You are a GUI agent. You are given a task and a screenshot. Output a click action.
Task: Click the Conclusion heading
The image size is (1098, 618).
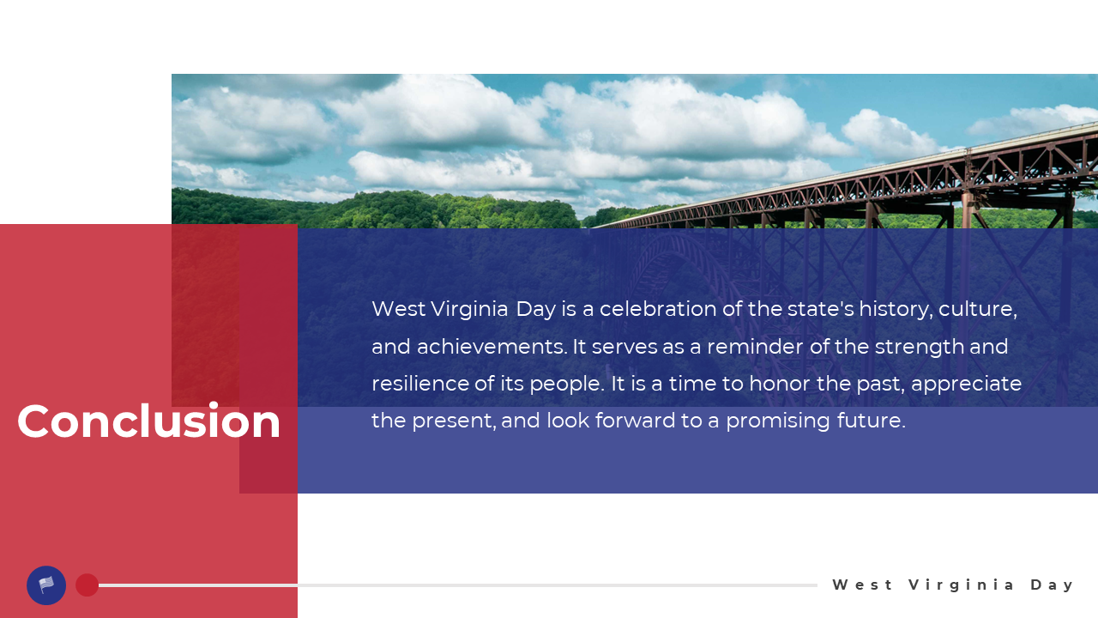point(148,421)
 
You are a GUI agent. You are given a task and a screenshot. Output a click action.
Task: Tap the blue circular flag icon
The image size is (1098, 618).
point(46,585)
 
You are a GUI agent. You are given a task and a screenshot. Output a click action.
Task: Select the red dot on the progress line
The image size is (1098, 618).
point(87,585)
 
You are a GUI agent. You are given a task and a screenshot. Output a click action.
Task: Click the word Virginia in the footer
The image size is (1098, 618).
point(961,585)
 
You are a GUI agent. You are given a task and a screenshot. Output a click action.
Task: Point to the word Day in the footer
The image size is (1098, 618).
point(1052,585)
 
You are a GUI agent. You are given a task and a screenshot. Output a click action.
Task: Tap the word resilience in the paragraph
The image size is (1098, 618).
point(420,384)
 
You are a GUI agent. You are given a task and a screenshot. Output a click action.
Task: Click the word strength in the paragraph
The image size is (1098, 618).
point(920,348)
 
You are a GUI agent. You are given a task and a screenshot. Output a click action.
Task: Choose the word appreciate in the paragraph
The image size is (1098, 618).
point(966,385)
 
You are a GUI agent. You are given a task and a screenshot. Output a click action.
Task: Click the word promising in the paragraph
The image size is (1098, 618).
point(778,421)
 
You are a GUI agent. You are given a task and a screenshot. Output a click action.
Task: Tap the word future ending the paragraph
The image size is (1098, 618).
point(871,421)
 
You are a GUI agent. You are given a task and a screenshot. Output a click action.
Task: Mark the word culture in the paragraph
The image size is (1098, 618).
point(977,309)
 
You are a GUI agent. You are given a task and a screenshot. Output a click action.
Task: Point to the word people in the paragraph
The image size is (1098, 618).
point(567,385)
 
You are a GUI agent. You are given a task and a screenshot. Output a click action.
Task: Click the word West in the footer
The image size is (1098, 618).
point(863,585)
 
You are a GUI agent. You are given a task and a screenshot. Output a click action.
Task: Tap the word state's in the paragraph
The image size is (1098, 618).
point(821,309)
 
